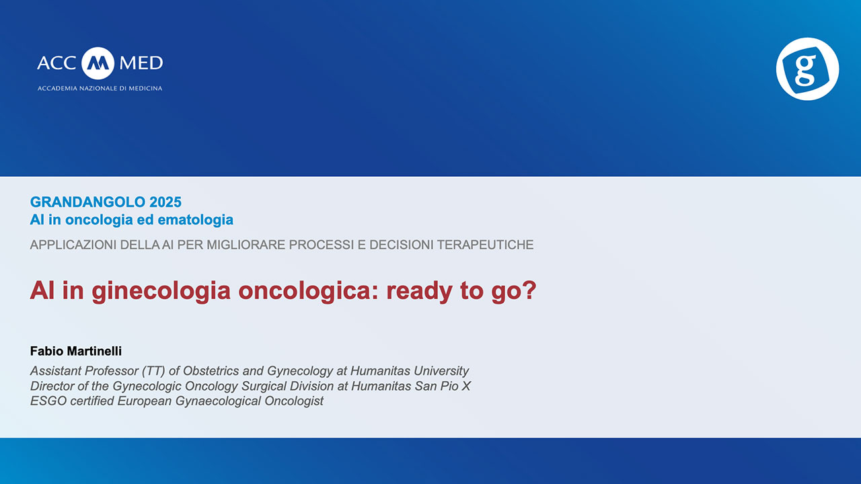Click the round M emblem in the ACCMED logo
(x=98, y=63)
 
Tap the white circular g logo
(x=808, y=69)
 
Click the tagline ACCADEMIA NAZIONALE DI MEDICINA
(x=100, y=88)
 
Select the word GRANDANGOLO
(x=87, y=202)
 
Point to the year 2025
(x=165, y=202)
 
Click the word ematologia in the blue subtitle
(x=196, y=220)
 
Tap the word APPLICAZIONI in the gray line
(x=73, y=245)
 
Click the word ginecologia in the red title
(x=161, y=291)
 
